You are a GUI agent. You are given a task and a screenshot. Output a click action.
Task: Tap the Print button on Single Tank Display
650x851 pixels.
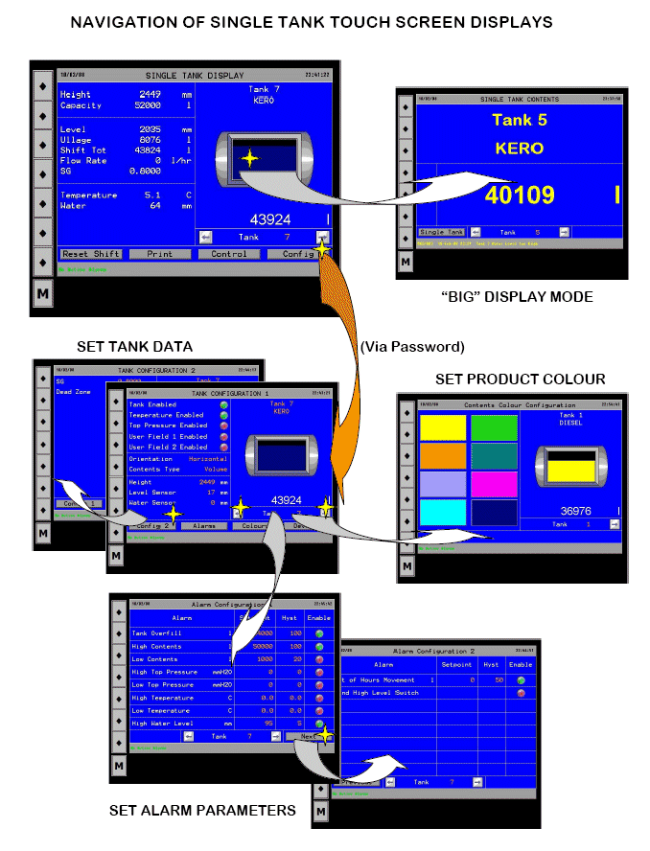coord(160,254)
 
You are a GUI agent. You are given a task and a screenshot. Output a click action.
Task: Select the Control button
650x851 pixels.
coord(229,254)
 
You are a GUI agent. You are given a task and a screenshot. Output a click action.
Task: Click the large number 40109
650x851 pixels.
coord(522,195)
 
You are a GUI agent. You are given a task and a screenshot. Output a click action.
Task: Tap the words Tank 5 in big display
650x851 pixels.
coord(519,120)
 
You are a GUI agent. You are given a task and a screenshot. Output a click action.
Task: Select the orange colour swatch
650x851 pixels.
coord(443,456)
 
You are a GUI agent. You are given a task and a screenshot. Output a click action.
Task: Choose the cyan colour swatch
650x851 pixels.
coord(443,512)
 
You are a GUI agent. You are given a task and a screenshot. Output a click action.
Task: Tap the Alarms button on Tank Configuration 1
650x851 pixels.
coord(204,526)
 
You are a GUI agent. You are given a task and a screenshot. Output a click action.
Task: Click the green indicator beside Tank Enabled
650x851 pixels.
coord(223,404)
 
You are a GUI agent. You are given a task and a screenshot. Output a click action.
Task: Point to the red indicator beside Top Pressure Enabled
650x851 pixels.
coord(223,425)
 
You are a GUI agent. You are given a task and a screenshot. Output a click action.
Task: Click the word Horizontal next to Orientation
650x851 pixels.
coord(208,459)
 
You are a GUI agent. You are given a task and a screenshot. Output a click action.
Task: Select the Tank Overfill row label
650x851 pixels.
coord(155,633)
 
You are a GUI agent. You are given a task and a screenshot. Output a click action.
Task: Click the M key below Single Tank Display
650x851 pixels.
coord(43,294)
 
